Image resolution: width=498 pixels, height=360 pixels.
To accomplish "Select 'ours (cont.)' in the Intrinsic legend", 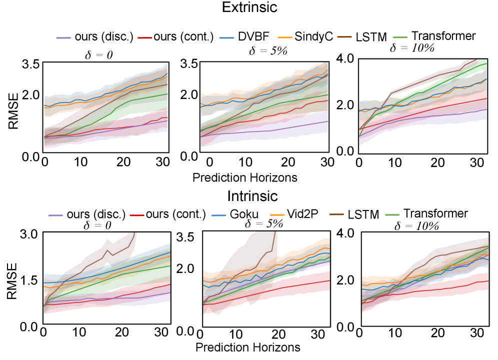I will pos(176,214).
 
